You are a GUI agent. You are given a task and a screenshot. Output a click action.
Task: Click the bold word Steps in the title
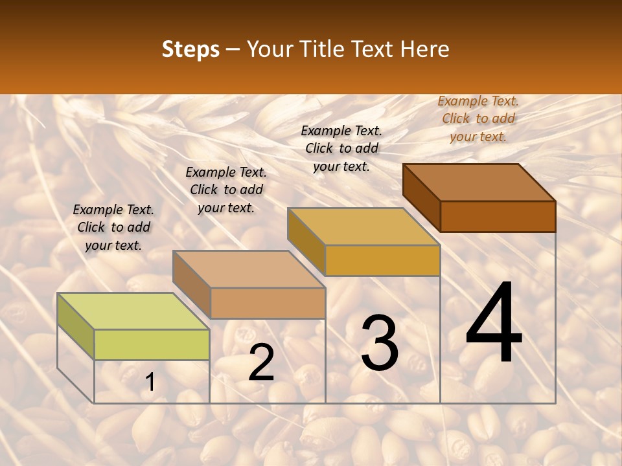coord(190,49)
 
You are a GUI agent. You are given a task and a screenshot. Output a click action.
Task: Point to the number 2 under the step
coord(261,362)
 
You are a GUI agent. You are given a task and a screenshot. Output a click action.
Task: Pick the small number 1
coord(150,383)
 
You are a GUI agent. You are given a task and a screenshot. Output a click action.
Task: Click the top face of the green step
coord(133,311)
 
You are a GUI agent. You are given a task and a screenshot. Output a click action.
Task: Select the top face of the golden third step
coord(363,227)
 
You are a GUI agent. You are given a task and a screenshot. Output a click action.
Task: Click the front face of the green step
coord(152,344)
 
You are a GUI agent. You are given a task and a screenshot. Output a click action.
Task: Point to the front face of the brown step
coord(498,216)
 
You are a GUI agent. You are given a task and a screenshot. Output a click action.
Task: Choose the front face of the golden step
coord(382,260)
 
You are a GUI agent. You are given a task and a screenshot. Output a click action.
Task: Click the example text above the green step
coord(113,227)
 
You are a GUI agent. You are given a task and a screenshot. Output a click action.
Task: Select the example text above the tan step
coord(226,190)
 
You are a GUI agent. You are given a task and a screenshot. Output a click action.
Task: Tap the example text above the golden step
coord(341,148)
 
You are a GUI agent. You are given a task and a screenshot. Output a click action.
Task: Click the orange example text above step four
coord(478,118)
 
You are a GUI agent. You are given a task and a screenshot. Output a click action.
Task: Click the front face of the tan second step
coord(268,303)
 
